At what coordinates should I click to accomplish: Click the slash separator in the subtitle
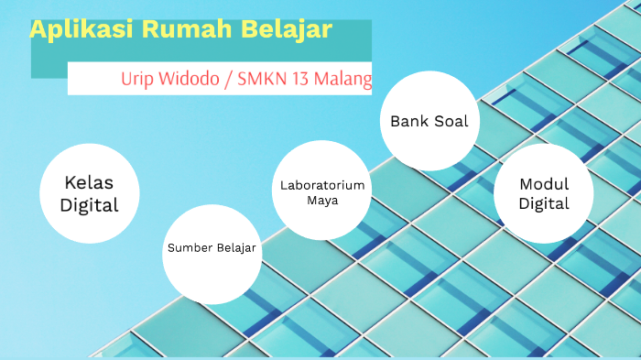tap(228, 79)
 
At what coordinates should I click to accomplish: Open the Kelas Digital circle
tap(90, 193)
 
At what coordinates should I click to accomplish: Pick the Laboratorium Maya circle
tap(322, 191)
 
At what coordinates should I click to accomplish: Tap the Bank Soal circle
tap(429, 121)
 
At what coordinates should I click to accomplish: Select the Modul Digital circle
tap(544, 193)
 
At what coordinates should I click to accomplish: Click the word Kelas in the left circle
tap(90, 182)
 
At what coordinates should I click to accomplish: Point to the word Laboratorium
tap(322, 185)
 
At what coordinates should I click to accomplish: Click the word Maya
tap(322, 200)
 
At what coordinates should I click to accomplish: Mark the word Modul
tap(544, 183)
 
